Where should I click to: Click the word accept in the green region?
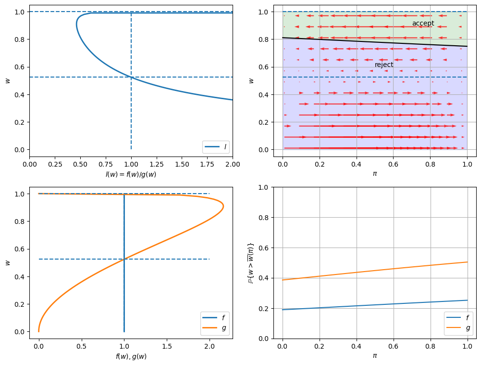[423, 24]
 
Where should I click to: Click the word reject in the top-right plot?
[384, 65]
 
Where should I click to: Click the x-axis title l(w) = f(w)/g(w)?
[131, 174]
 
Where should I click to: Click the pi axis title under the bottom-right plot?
[375, 356]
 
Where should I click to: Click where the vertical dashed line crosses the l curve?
[131, 77]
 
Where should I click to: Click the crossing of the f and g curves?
[124, 259]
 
